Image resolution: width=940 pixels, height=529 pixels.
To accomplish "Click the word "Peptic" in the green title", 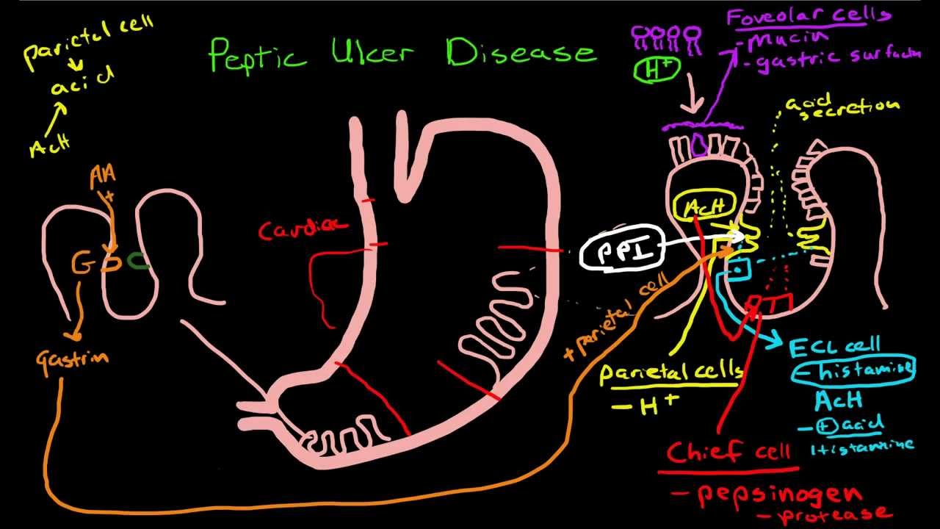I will tap(257, 55).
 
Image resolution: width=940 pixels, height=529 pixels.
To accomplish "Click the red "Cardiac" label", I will tap(303, 228).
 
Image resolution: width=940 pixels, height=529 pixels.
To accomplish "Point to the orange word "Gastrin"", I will tap(73, 359).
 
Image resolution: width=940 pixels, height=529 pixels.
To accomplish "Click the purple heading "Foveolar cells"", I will tap(809, 16).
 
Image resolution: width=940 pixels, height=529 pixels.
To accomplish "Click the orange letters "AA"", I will tap(102, 176).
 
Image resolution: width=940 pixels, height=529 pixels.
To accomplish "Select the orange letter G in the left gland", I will tap(82, 264).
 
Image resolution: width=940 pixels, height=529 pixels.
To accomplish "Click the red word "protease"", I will tap(838, 514).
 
